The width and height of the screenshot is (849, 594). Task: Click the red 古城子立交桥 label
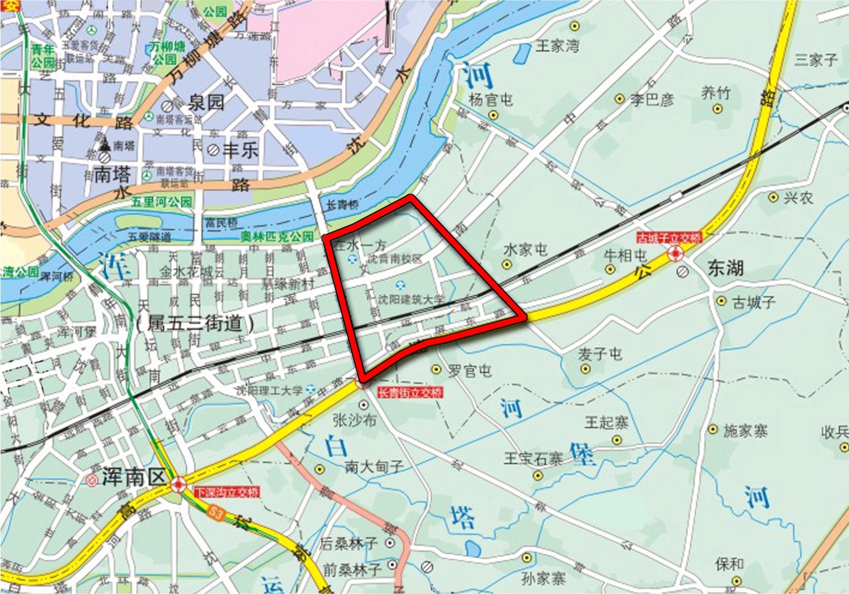670,238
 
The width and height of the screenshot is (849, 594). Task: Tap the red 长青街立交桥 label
410,392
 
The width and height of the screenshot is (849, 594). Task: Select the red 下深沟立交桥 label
227,492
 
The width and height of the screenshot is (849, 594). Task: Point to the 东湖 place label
725,268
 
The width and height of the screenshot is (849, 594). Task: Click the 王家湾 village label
557,46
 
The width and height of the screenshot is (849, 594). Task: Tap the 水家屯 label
525,249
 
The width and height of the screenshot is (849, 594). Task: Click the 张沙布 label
354,420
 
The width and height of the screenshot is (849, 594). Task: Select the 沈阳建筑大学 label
411,299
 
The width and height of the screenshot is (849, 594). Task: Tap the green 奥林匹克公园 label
277,237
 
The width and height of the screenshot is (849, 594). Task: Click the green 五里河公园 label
162,202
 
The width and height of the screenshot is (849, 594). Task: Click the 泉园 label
205,102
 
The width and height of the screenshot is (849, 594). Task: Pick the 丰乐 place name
240,150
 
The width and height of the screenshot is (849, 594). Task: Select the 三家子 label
816,59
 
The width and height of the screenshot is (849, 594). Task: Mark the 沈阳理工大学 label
270,390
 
